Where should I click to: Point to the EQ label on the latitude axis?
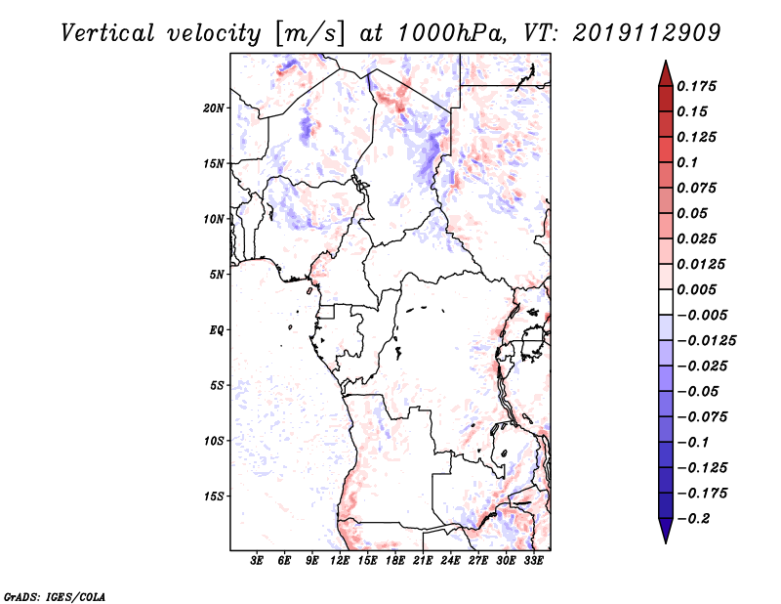point(217,330)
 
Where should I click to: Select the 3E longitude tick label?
point(257,562)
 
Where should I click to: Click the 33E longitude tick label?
point(532,562)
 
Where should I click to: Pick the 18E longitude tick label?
point(394,562)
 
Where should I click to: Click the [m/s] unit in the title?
point(311,33)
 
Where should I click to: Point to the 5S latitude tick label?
point(218,385)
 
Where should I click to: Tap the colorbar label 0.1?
point(688,162)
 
